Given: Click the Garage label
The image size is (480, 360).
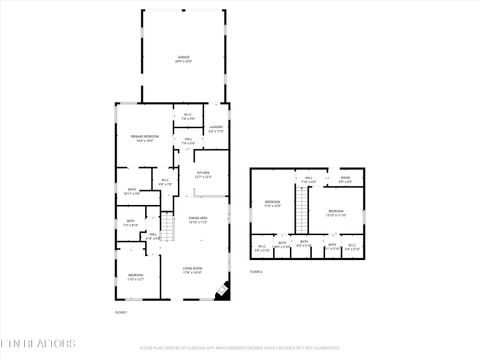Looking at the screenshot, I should [183, 58].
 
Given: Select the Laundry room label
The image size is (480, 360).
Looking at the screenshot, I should [215, 128].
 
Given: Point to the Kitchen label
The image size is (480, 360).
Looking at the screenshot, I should [203, 174].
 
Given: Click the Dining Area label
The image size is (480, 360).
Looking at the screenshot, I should [197, 219].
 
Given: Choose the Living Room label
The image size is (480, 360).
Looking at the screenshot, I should [192, 269].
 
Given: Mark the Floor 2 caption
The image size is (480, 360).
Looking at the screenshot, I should [256, 271].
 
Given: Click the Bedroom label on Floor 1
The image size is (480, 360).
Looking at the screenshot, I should [135, 276].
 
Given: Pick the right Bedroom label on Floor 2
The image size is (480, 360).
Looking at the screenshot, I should [335, 212].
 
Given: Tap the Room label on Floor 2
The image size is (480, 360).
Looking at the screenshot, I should [344, 180].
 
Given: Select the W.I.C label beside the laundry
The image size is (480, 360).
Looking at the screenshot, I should [187, 117].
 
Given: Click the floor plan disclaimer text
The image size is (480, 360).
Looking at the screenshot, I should [240, 348].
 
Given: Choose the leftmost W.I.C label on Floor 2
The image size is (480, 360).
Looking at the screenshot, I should [260, 246].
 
